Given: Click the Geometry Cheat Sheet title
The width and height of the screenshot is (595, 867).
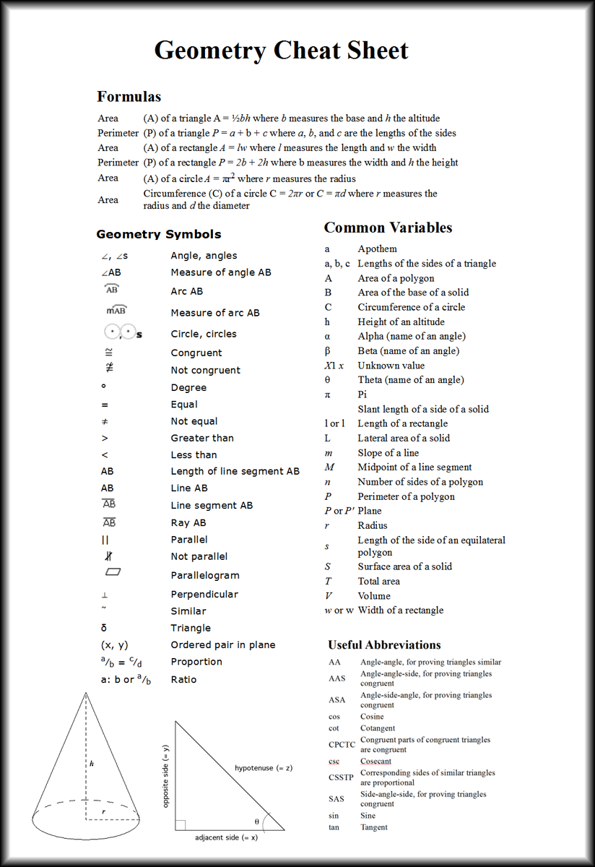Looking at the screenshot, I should coord(281,51).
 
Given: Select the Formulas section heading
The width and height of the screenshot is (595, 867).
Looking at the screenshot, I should coord(129,97).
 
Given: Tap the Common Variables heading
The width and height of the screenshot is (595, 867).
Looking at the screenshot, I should coord(388,228).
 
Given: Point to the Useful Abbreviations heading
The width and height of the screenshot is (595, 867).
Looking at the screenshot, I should coord(384,645).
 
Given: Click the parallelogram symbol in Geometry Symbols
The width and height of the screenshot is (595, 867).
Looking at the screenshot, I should coord(113,572).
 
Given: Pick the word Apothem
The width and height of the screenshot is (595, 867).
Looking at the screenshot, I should coord(377,249).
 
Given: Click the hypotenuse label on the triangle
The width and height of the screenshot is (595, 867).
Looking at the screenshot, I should coord(263,768).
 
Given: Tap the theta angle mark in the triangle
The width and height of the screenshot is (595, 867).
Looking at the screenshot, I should coord(257,821).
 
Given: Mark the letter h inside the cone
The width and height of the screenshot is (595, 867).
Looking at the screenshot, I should coord(92,763).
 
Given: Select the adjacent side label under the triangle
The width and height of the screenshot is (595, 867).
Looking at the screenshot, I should coord(226,837).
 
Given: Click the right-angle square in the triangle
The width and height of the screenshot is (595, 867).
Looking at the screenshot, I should coord(181,824).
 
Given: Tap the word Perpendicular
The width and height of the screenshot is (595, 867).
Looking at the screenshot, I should coord(204,595).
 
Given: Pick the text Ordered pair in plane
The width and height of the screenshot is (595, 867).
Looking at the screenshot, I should coord(222,645).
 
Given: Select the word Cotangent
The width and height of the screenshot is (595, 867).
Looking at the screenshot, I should coord(378,728).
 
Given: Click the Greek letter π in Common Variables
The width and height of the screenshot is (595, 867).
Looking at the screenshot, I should coord(328,394).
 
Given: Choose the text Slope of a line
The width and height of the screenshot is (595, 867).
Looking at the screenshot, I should coord(388,453).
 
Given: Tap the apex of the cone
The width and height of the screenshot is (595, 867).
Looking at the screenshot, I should coord(86,693).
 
